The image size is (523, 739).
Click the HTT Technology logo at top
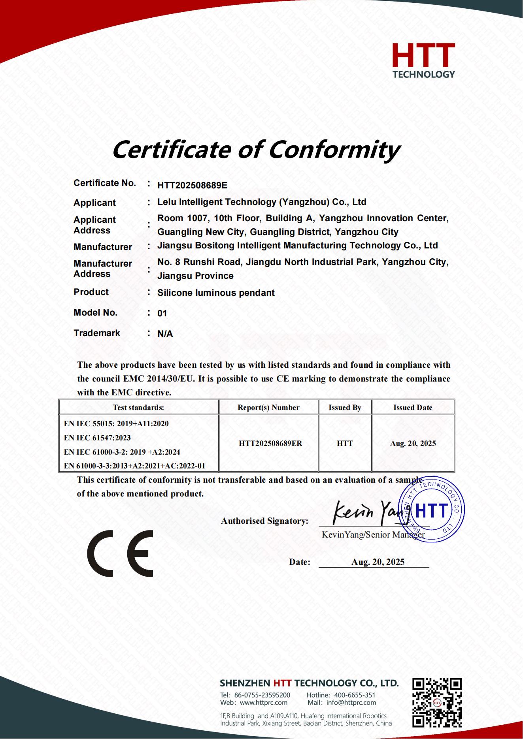pyautogui.click(x=423, y=60)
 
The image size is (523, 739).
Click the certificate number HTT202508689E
pyautogui.click(x=192, y=185)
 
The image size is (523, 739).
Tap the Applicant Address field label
pyautogui.click(x=95, y=225)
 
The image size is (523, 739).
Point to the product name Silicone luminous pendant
pyautogui.click(x=216, y=293)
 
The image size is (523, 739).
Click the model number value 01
pyautogui.click(x=162, y=314)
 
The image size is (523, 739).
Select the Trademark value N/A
pyautogui.click(x=165, y=334)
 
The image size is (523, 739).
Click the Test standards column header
pyautogui.click(x=138, y=408)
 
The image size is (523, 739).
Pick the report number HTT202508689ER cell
pyautogui.click(x=270, y=444)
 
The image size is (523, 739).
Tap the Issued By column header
pyautogui.click(x=345, y=408)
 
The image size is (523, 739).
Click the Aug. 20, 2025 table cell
pyautogui.click(x=413, y=444)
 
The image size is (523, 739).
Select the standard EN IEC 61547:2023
pyautogui.click(x=97, y=438)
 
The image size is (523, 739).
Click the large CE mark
pyautogui.click(x=120, y=553)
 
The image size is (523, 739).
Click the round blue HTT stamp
pyautogui.click(x=432, y=510)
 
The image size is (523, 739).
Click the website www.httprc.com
pyautogui.click(x=263, y=703)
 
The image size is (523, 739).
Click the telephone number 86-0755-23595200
pyautogui.click(x=262, y=695)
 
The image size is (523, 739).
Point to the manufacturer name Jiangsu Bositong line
pyautogui.click(x=297, y=246)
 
